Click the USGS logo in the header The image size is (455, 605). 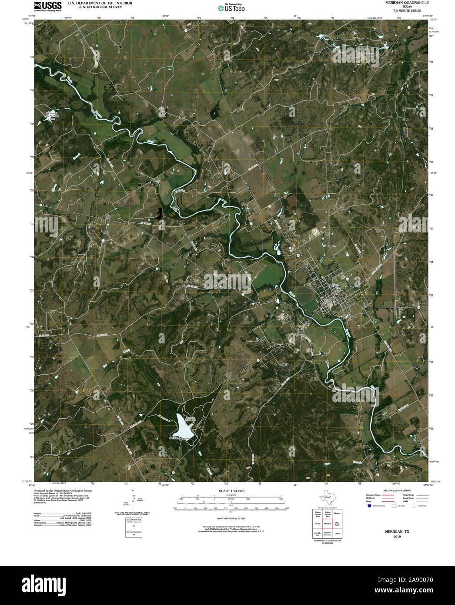tap(48, 6)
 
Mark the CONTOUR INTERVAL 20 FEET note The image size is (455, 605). tap(229, 519)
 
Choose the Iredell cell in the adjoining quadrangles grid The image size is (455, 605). tap(318, 524)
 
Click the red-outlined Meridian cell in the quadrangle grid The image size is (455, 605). tap(328, 524)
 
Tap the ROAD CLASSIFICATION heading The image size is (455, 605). tap(395, 491)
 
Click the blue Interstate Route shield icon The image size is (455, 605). tap(369, 506)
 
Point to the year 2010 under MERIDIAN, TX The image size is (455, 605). tap(397, 537)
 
